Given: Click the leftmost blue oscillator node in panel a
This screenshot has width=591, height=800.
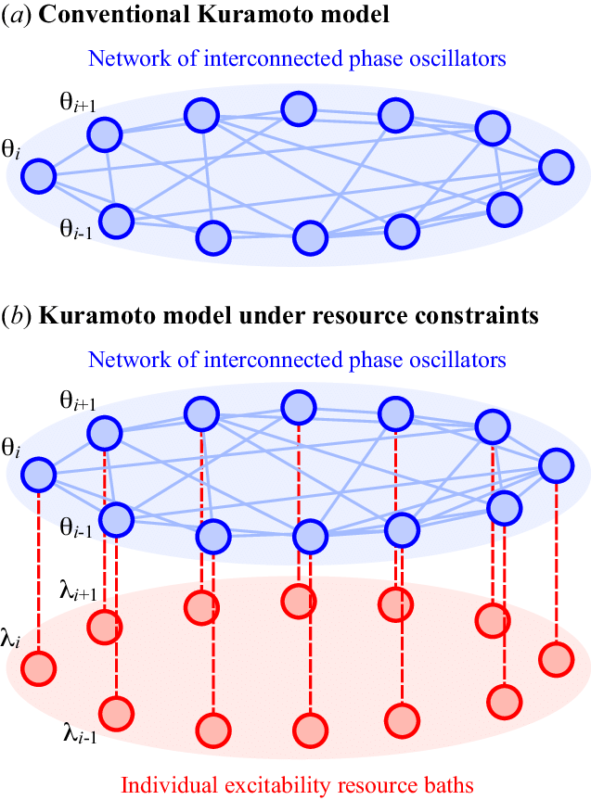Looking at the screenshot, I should pyautogui.click(x=39, y=176).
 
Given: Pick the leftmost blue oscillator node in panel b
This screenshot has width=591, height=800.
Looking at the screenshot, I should pyautogui.click(x=39, y=476).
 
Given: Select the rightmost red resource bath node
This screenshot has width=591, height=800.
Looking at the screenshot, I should pyautogui.click(x=557, y=659).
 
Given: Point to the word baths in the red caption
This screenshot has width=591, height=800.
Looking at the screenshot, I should pyautogui.click(x=449, y=784).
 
